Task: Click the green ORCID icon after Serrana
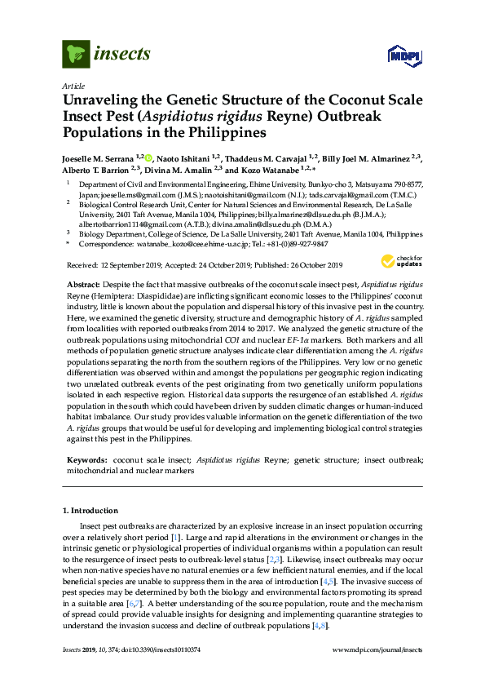[x=149, y=156]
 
